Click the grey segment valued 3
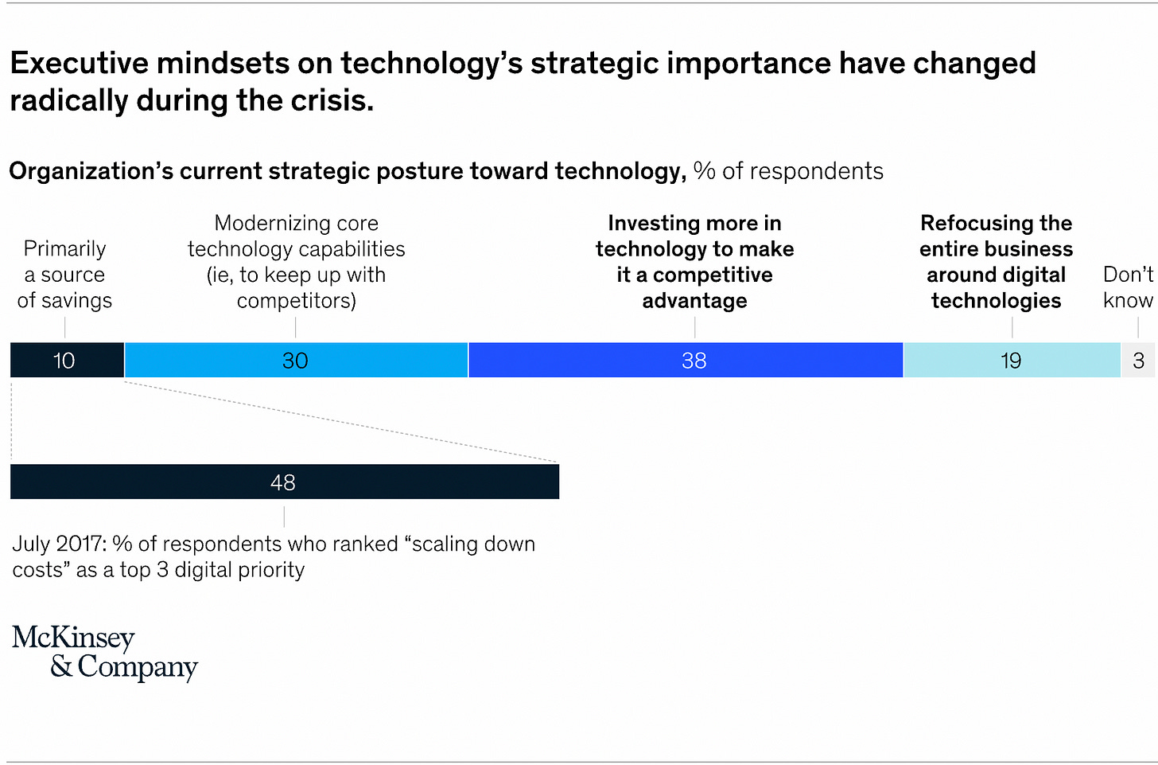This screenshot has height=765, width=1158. pyautogui.click(x=1138, y=360)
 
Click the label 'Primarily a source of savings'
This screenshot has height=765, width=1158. pyautogui.click(x=64, y=275)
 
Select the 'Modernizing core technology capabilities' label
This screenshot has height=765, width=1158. pyautogui.click(x=296, y=262)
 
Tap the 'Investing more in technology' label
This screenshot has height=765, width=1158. pyautogui.click(x=694, y=262)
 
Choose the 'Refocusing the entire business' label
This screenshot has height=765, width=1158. pyautogui.click(x=996, y=262)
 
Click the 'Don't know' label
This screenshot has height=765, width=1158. pyautogui.click(x=1128, y=287)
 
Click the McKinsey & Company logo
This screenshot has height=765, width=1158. pyautogui.click(x=104, y=652)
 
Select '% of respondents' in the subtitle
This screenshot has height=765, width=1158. pyautogui.click(x=788, y=171)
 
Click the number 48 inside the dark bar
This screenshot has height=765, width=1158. pyautogui.click(x=282, y=482)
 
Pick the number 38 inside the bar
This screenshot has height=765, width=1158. pyautogui.click(x=694, y=361)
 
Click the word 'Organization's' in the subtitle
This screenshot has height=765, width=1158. pyautogui.click(x=91, y=171)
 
